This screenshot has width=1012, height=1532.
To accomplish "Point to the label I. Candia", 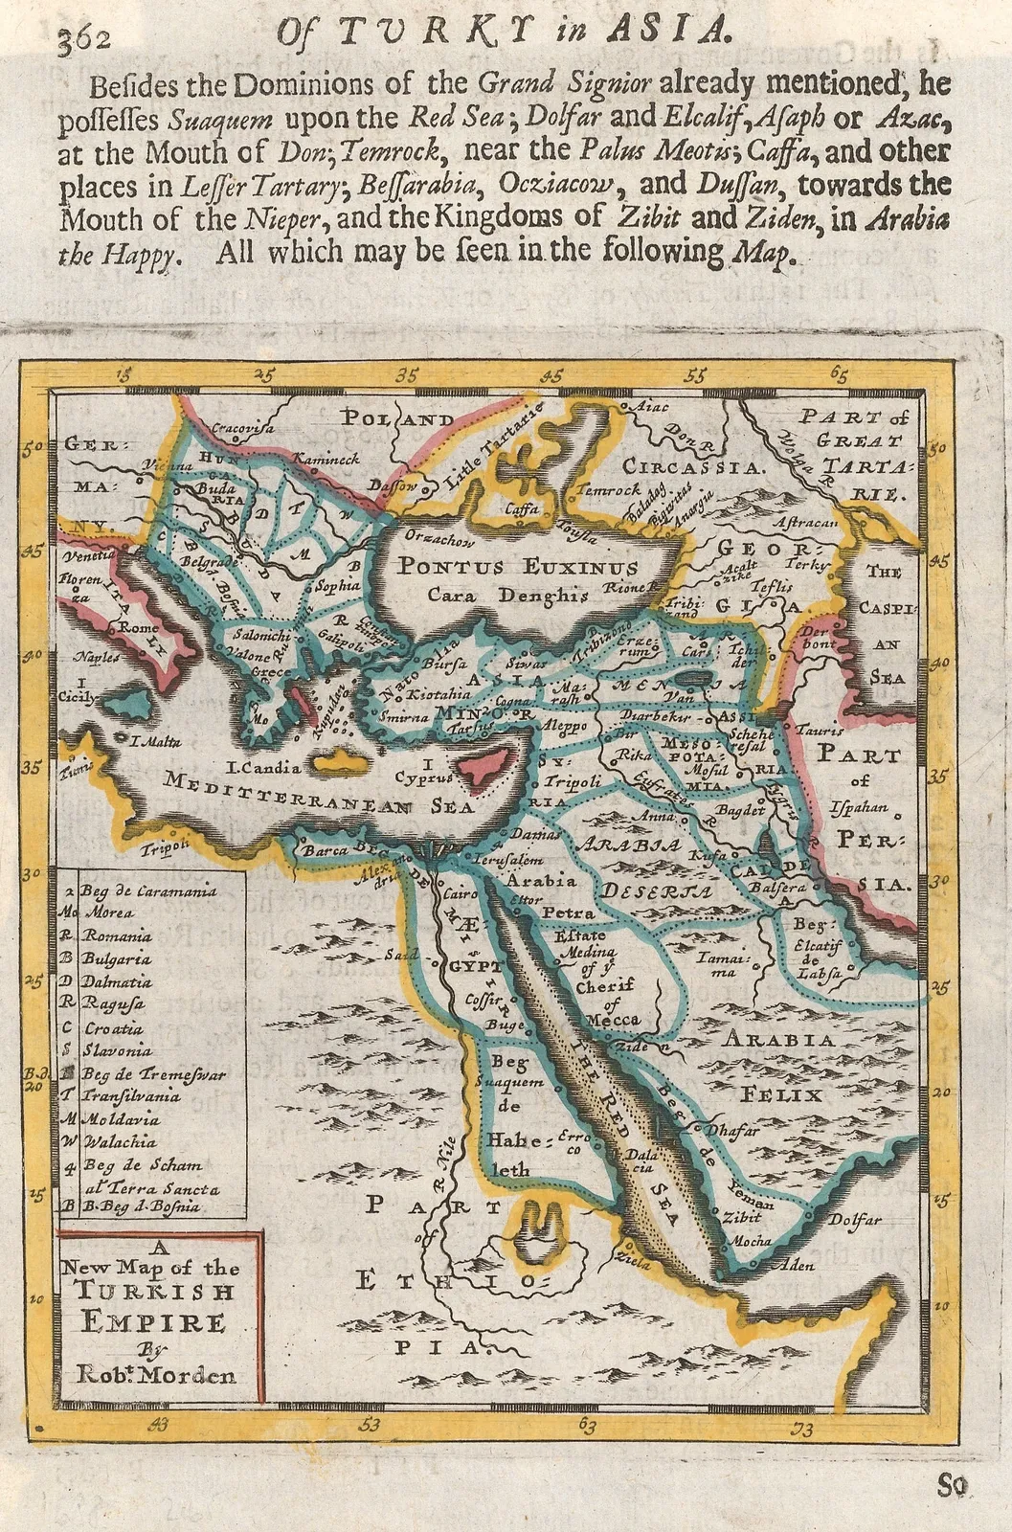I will tap(263, 767).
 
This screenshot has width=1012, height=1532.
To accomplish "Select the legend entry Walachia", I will tap(118, 1141).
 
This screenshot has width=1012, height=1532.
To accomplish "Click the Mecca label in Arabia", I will tap(612, 1020).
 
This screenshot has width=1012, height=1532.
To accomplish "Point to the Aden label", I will tap(798, 1265).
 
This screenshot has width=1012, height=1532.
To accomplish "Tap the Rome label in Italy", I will tap(139, 628).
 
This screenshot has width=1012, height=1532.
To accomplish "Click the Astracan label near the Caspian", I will tap(810, 523).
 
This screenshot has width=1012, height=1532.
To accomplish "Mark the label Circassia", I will tap(694, 468).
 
